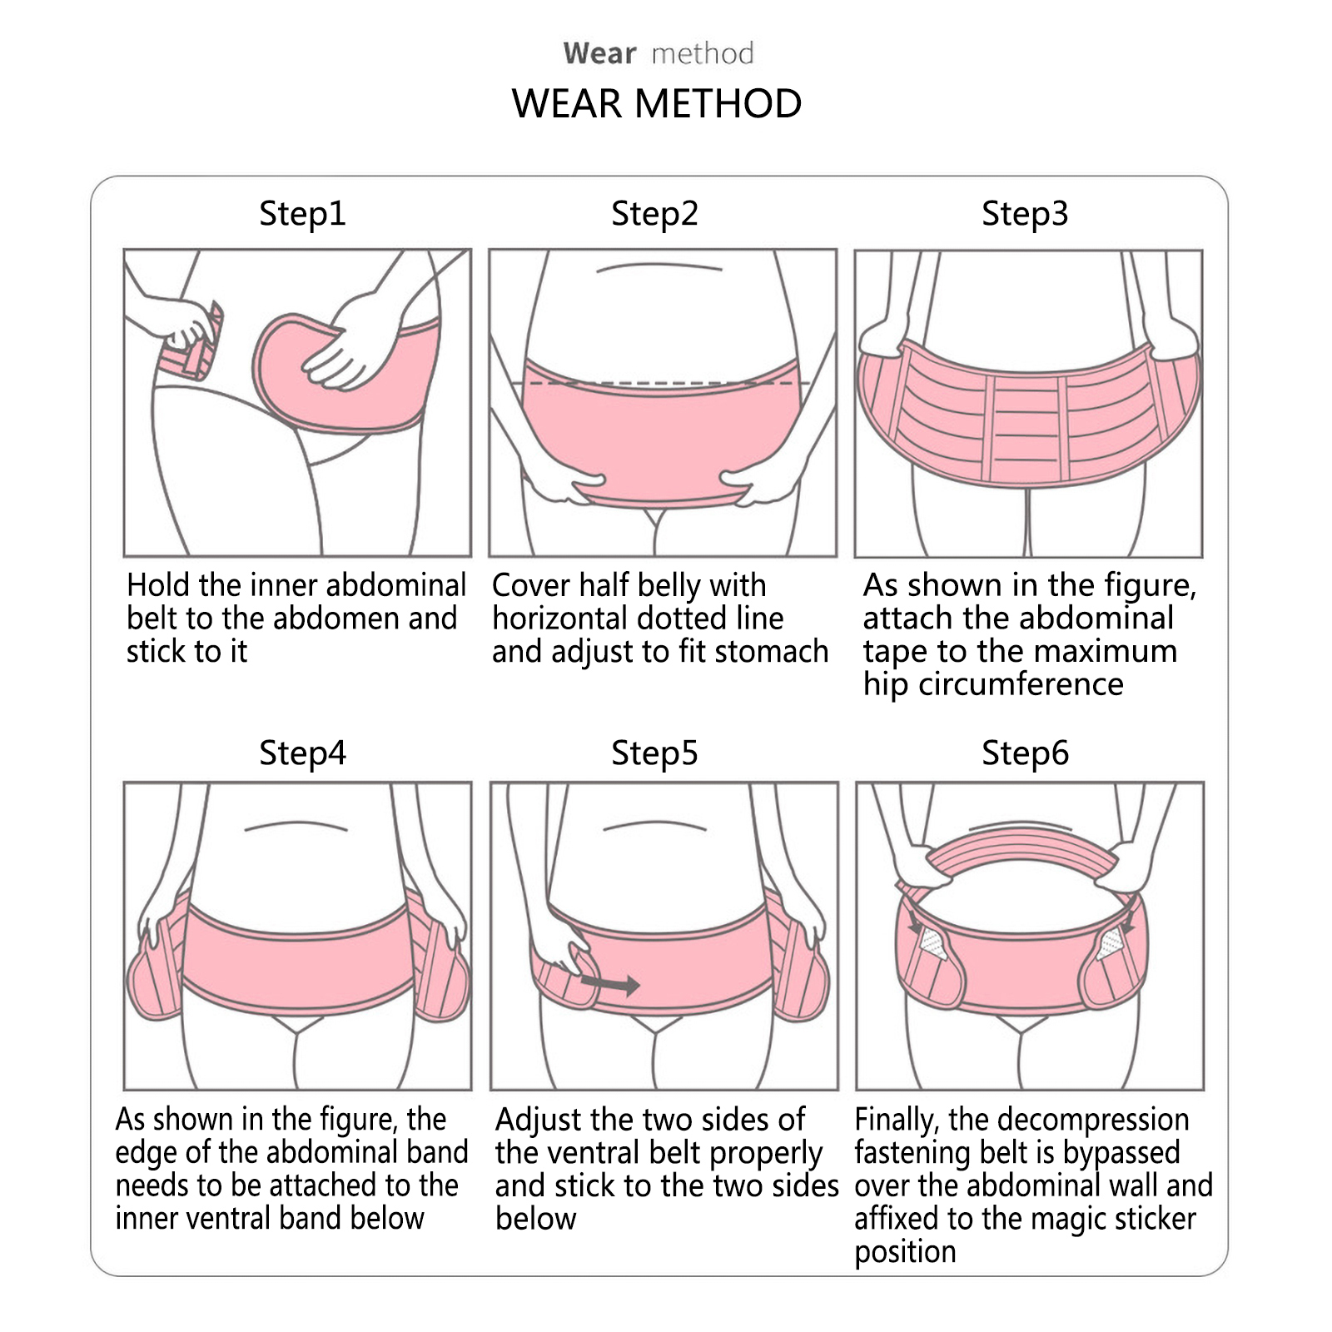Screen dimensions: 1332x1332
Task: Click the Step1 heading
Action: [x=302, y=214]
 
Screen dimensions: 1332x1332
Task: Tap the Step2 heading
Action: [x=654, y=214]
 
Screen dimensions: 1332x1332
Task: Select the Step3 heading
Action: [x=1025, y=214]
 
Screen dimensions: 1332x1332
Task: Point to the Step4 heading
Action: [x=302, y=753]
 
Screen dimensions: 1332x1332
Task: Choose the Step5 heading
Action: [x=654, y=753]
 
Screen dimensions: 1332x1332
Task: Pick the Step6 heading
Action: [x=1025, y=753]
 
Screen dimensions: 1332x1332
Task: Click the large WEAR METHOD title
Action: [x=657, y=104]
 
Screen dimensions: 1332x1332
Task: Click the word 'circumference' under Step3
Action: [x=1021, y=684]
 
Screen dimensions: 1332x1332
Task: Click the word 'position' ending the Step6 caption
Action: [x=905, y=1253]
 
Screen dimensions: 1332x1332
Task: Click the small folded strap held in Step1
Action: [x=194, y=343]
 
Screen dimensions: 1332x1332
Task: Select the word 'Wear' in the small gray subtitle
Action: [x=599, y=54]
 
